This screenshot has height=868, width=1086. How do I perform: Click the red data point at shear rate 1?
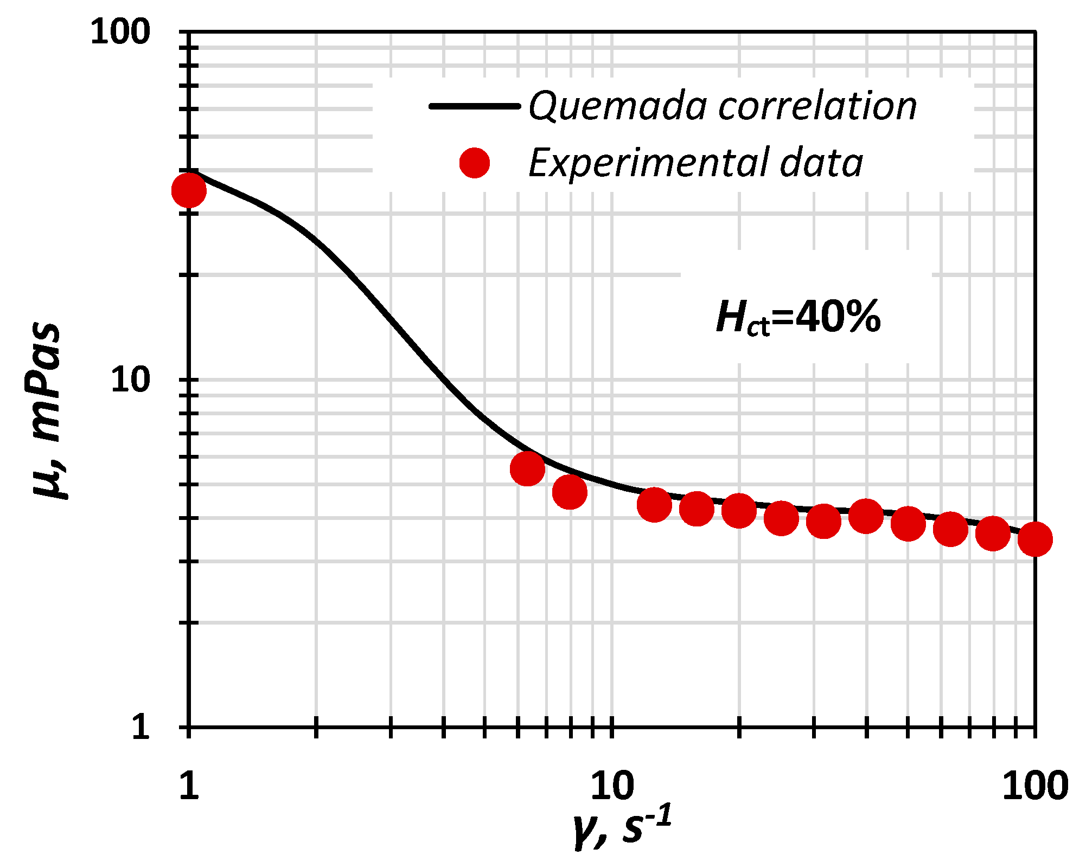point(189,190)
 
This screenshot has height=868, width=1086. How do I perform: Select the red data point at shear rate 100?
point(1035,539)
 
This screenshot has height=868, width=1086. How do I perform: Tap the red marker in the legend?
point(475,163)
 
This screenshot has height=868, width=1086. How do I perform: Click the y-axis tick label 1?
point(140,726)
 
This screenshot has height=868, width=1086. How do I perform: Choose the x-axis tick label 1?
point(189,786)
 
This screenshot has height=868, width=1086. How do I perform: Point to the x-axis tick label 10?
point(612,786)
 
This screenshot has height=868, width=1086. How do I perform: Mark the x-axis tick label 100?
point(1035,786)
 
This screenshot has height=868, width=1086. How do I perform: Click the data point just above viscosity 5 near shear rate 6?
point(527,469)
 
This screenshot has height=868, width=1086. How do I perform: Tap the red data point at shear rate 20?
point(739,510)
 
